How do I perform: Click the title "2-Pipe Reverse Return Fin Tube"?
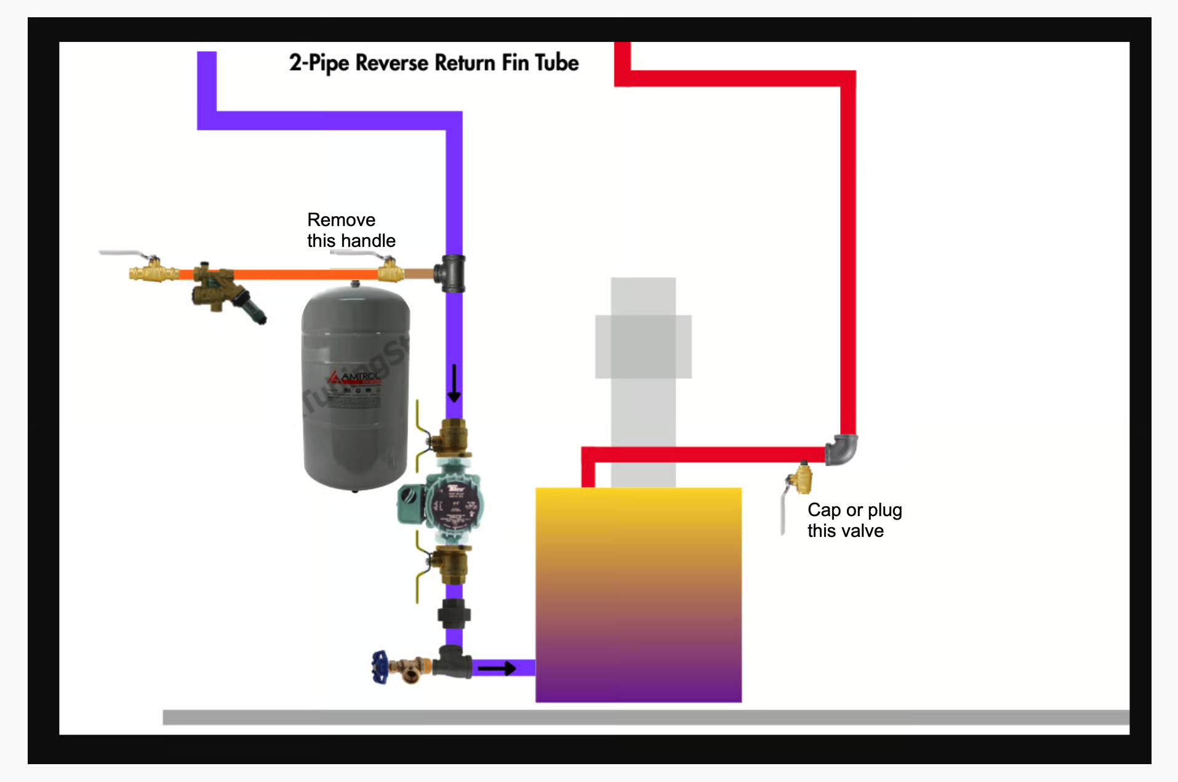coord(433,63)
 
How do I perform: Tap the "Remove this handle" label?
coord(350,230)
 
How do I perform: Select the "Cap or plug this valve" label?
coord(854,520)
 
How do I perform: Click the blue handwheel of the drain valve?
coord(379,667)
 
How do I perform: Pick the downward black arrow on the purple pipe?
coord(454,383)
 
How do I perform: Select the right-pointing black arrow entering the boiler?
coord(497,668)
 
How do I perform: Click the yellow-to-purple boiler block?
coord(638,594)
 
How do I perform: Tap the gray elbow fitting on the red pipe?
coord(842,450)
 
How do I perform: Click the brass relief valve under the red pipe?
coord(800,479)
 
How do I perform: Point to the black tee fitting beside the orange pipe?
coord(451,273)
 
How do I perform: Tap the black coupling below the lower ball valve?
coord(454,614)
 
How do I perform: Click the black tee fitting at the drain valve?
coord(452,662)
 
